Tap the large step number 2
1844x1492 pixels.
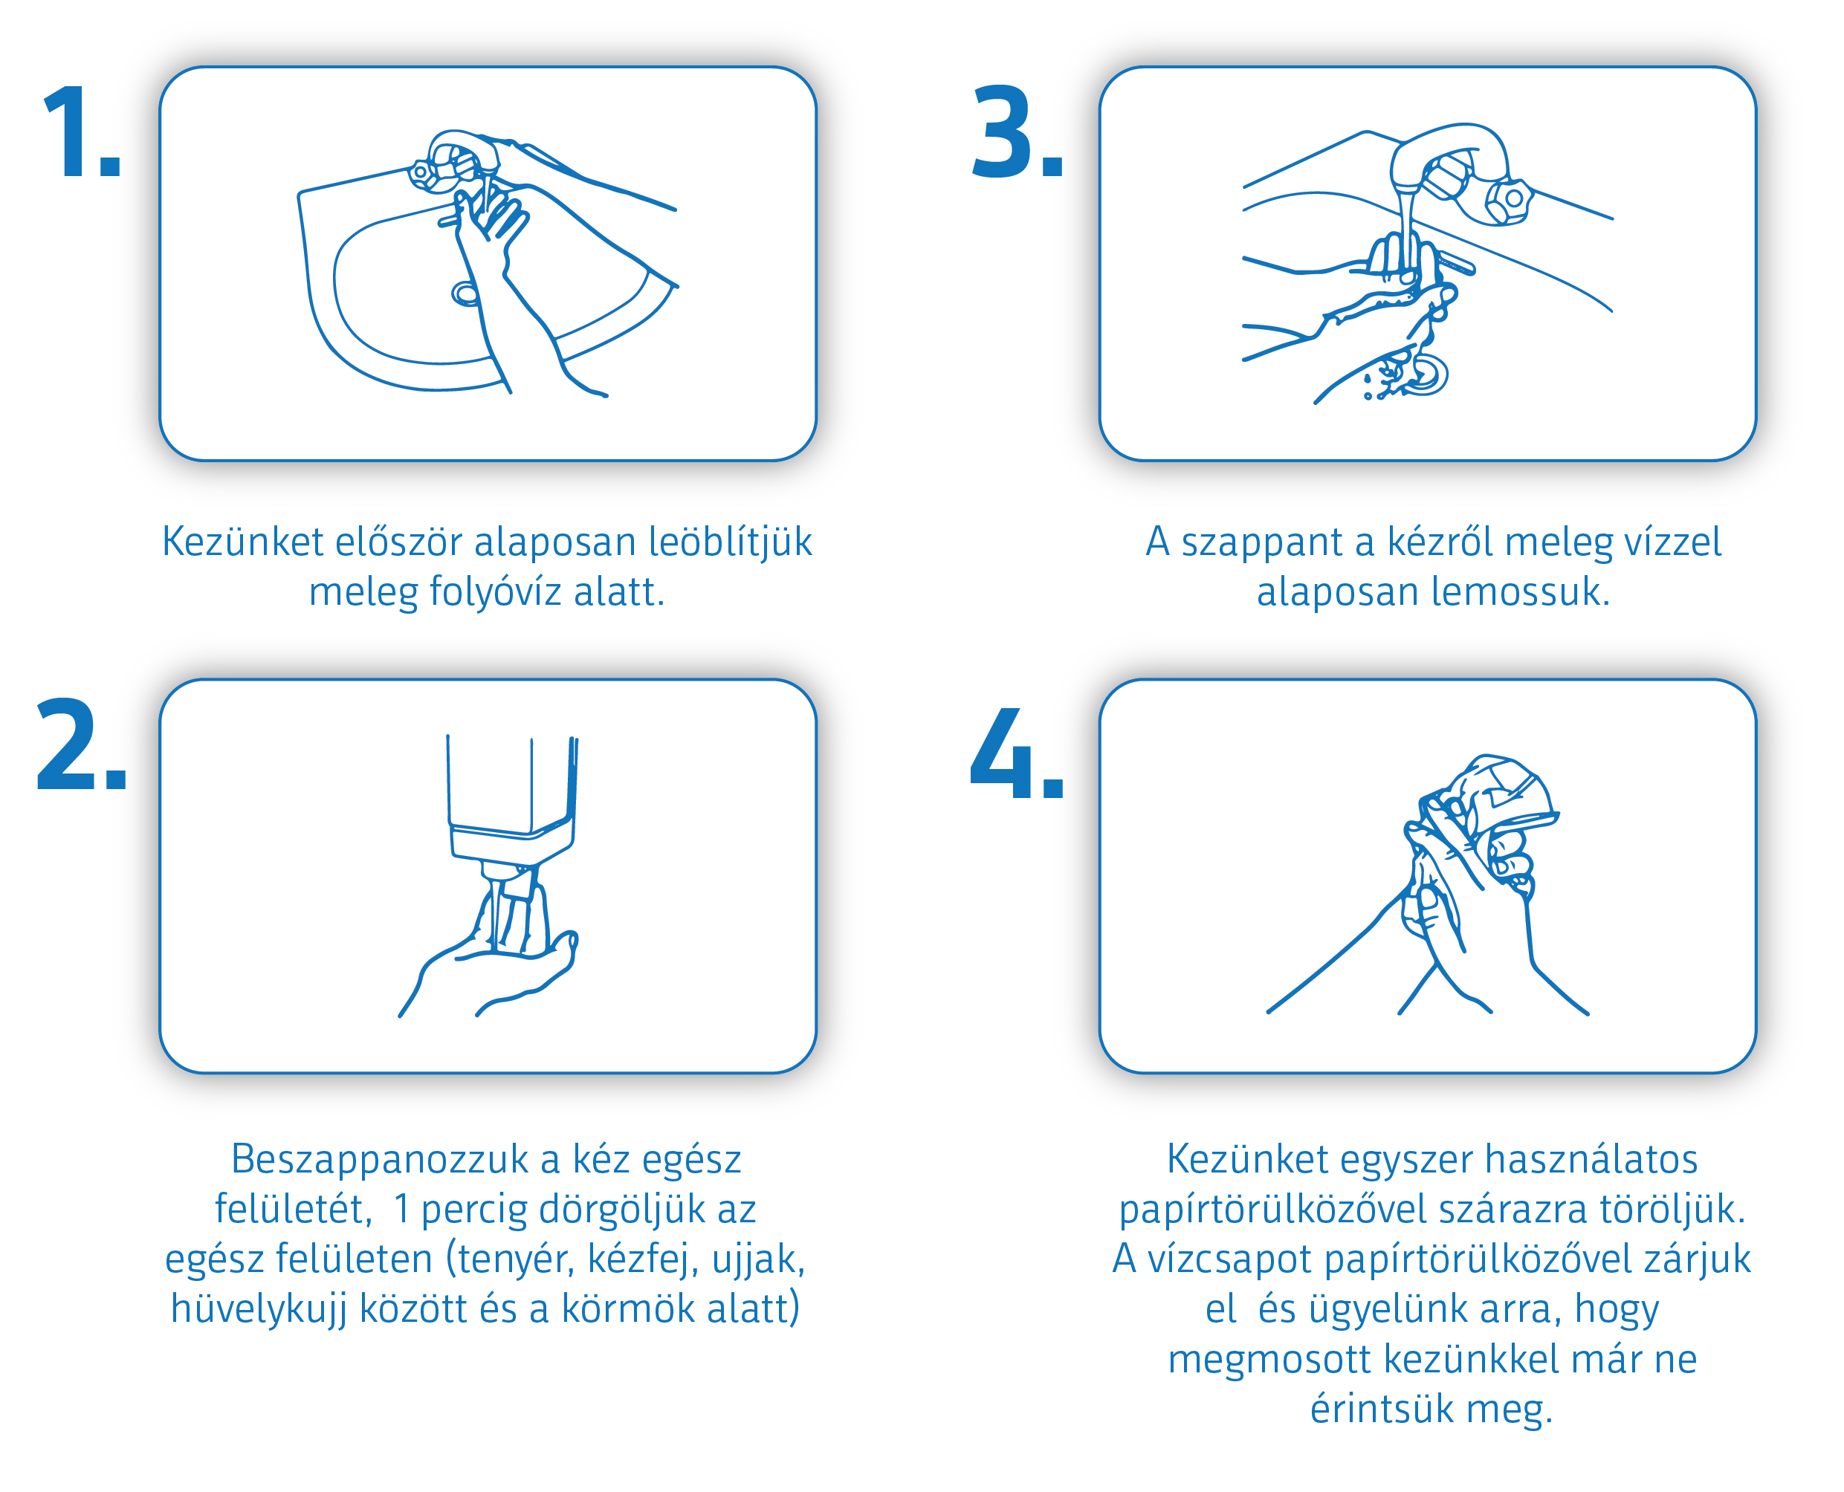pos(82,745)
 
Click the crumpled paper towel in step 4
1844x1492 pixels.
pos(1500,795)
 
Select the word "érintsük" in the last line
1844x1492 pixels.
pos(1382,1409)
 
